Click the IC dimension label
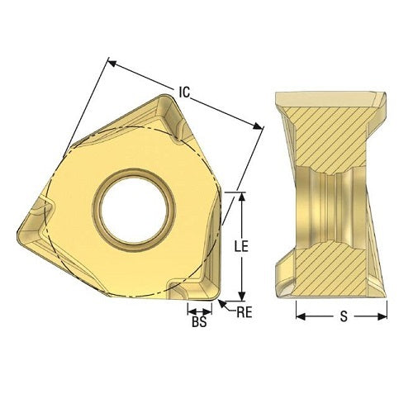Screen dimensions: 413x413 pos(184,93)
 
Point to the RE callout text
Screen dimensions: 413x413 pos(243,312)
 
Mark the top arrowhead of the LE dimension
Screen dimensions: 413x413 pos(241,197)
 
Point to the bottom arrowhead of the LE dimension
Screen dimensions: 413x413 pos(241,297)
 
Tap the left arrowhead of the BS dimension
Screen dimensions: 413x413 pos(188,311)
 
